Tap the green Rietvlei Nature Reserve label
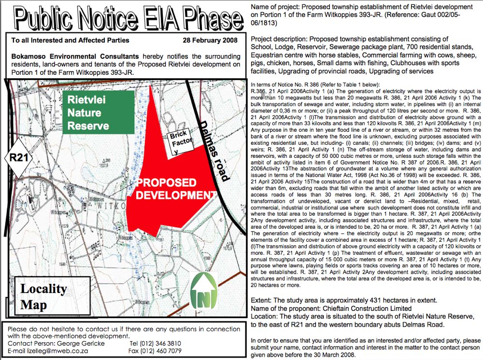(98, 112)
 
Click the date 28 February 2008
(212, 41)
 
